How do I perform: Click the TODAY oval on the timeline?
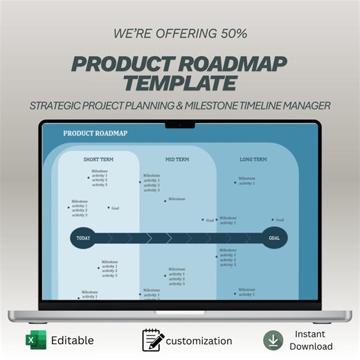83,238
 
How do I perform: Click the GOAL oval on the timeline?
274,238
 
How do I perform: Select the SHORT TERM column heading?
98,159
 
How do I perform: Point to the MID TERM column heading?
177,159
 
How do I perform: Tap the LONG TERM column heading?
253,159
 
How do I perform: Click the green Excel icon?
35,340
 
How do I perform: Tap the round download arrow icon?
273,340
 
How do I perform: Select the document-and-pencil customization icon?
153,340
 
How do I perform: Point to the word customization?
199,341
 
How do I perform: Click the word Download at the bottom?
311,347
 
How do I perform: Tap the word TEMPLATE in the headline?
180,83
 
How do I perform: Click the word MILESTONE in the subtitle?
235,105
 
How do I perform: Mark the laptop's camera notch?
179,125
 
